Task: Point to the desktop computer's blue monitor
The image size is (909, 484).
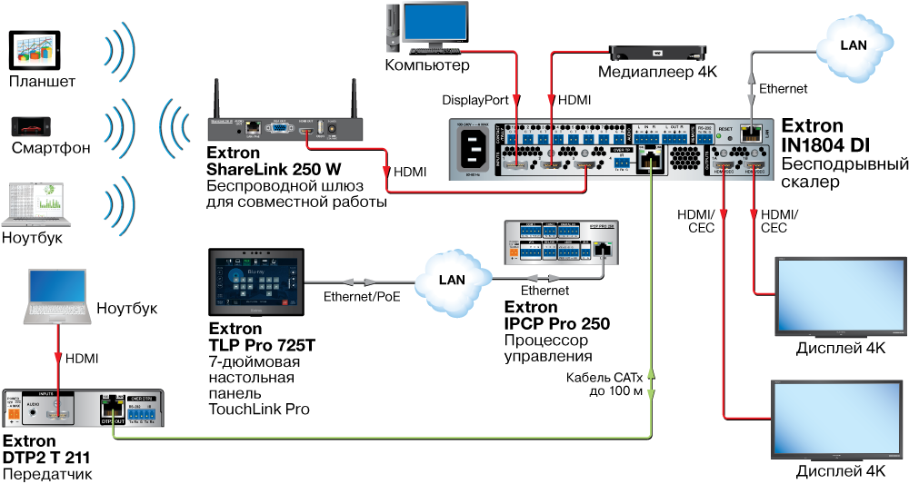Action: (435, 24)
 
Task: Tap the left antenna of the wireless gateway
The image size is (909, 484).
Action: (217, 98)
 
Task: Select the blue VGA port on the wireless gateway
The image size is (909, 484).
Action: (280, 131)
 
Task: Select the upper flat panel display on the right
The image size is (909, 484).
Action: (837, 296)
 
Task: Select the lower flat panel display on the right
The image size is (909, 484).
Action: (837, 418)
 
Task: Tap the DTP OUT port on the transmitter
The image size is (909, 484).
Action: (112, 410)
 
